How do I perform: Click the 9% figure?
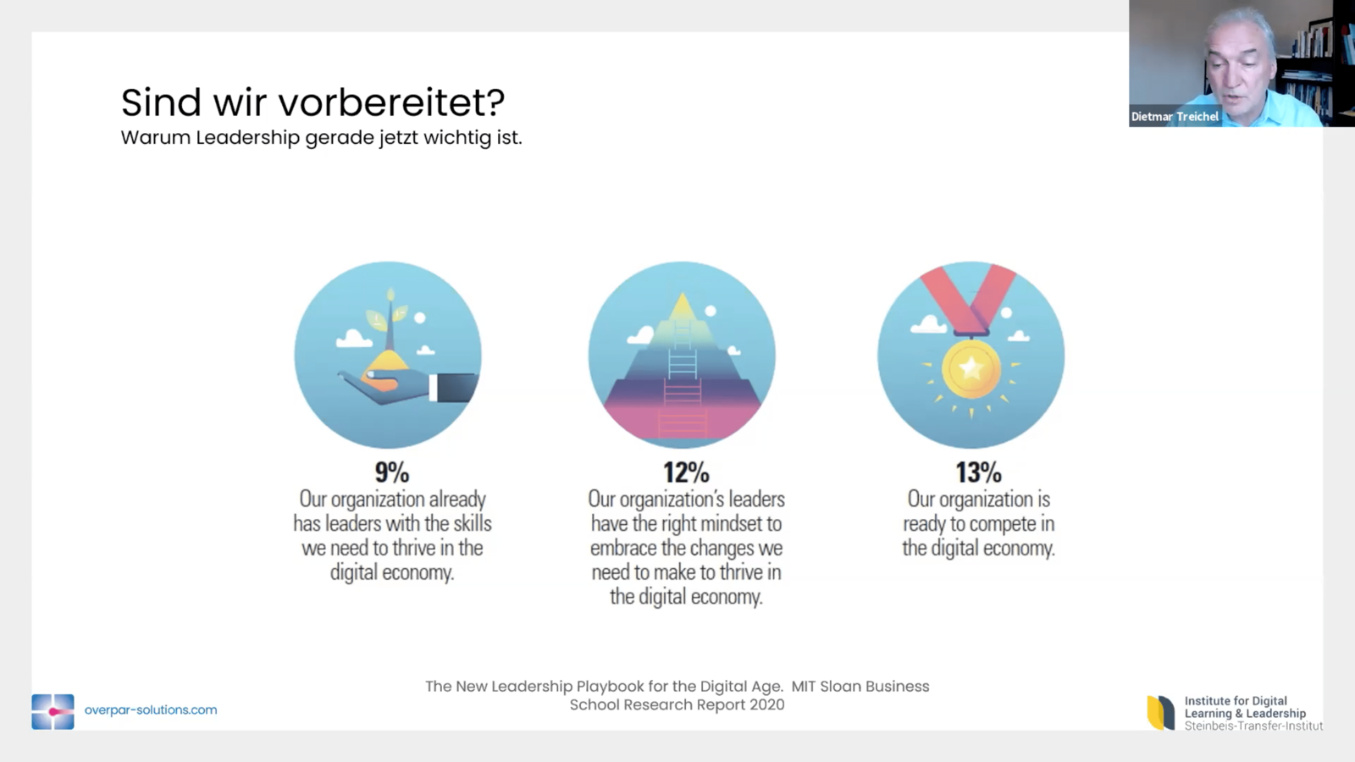(392, 472)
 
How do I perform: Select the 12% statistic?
(686, 472)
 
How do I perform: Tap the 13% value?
(978, 472)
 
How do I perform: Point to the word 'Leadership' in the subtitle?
(248, 138)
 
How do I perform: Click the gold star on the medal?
(971, 367)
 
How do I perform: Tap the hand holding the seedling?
(406, 387)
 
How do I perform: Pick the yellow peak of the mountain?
(683, 307)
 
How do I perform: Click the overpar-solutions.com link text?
(151, 710)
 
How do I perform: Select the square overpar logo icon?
(53, 712)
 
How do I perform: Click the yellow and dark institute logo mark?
(1160, 712)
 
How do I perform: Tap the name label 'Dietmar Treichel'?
(1175, 117)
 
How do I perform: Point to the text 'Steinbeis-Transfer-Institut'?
(1253, 726)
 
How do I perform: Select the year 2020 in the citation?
(767, 705)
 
